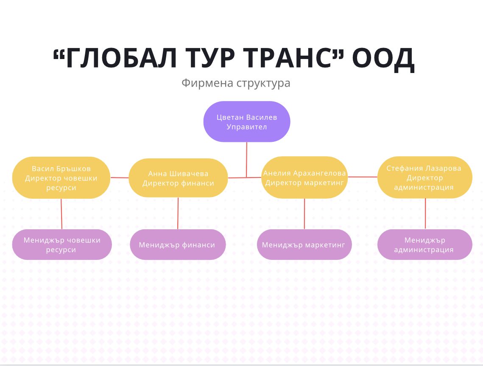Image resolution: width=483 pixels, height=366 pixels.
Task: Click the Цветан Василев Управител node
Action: (x=247, y=121)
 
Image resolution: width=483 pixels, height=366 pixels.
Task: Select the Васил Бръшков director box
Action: (x=61, y=177)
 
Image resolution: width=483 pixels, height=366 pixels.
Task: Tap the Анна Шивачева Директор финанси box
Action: (x=178, y=178)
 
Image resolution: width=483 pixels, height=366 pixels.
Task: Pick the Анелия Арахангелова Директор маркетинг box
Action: (x=304, y=177)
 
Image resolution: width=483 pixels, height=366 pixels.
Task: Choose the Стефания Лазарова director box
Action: (x=425, y=177)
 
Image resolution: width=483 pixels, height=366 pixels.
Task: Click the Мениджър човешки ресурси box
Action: (x=62, y=245)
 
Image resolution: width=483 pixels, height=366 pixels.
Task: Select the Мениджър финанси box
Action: (x=178, y=245)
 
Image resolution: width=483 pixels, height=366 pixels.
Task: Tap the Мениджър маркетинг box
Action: (x=304, y=245)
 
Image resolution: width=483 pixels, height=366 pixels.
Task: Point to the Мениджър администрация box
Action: (x=425, y=245)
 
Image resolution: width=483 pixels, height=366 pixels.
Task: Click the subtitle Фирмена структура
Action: (x=236, y=83)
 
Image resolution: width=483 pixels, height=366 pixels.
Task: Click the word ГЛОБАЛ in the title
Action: (x=121, y=58)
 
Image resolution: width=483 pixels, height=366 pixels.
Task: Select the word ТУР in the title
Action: (x=210, y=58)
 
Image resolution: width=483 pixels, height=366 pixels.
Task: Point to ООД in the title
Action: (x=383, y=59)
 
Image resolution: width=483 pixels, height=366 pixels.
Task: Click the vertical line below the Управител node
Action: (x=246, y=160)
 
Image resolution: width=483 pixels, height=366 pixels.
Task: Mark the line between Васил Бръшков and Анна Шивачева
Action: (x=120, y=177)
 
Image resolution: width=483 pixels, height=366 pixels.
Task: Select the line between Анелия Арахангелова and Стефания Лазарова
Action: (x=363, y=177)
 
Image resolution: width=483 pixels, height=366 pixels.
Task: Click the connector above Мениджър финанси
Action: (x=178, y=214)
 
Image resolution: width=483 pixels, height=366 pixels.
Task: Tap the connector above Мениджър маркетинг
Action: (x=304, y=214)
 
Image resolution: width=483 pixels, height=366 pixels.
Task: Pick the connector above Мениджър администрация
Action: (x=425, y=214)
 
